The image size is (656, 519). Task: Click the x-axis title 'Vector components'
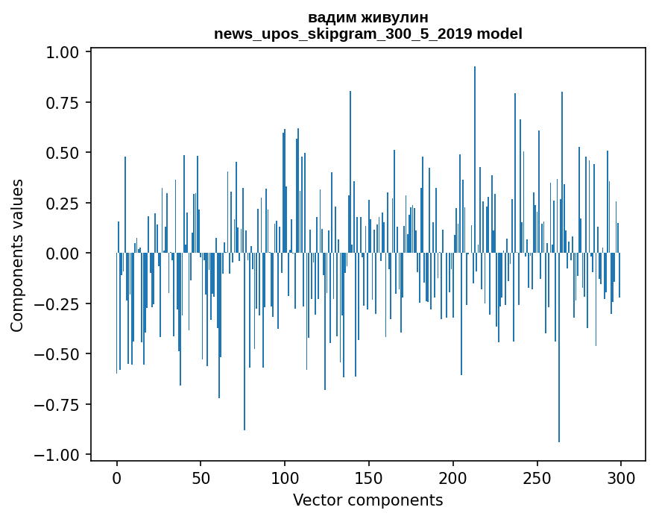point(368,500)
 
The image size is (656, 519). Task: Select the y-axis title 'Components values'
point(17,255)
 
